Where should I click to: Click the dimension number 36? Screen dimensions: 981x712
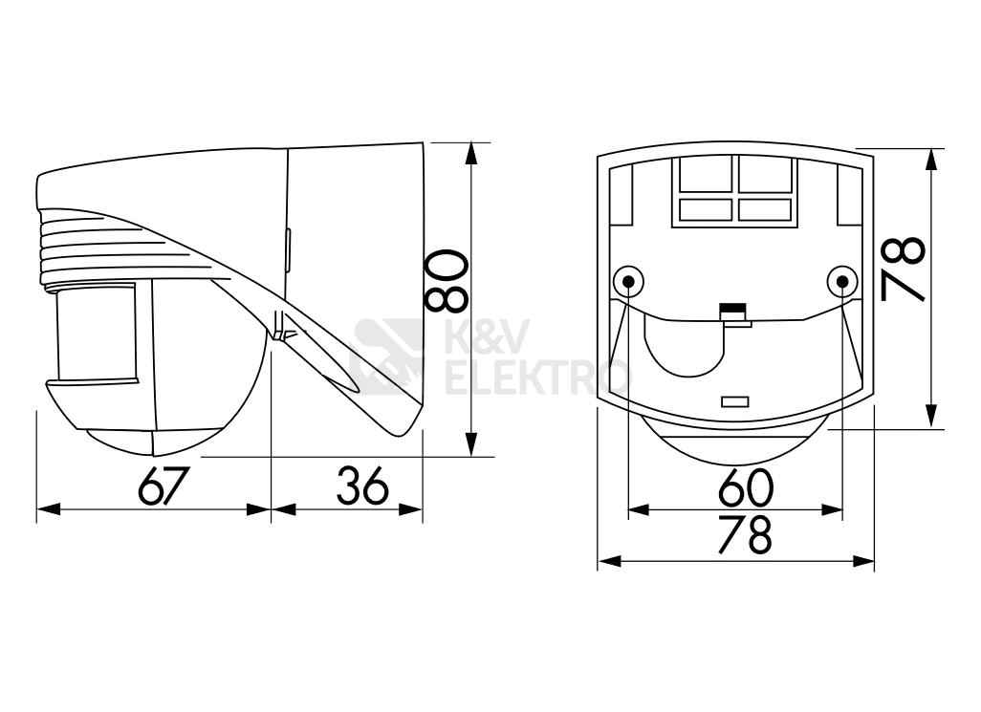tap(363, 485)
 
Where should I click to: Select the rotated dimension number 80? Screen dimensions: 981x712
tap(447, 281)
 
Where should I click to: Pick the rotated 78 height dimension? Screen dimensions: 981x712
tap(903, 269)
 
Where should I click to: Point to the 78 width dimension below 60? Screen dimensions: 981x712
tap(745, 534)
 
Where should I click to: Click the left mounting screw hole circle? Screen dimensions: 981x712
tap(628, 282)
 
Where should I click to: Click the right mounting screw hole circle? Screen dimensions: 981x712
tap(841, 282)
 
